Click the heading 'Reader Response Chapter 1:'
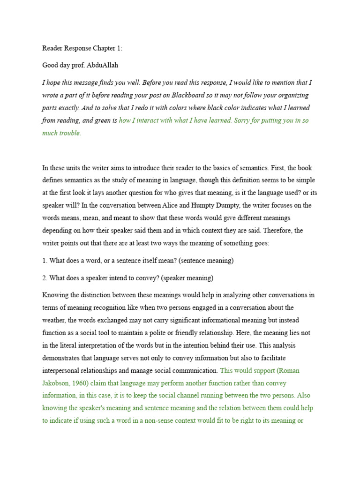(x=82, y=48)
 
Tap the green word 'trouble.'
(x=68, y=133)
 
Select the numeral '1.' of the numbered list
(x=45, y=261)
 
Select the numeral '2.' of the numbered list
(x=45, y=278)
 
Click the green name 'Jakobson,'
(x=58, y=383)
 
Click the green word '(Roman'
(x=288, y=370)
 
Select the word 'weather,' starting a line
(x=55, y=320)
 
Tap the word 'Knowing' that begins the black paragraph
(x=55, y=295)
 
